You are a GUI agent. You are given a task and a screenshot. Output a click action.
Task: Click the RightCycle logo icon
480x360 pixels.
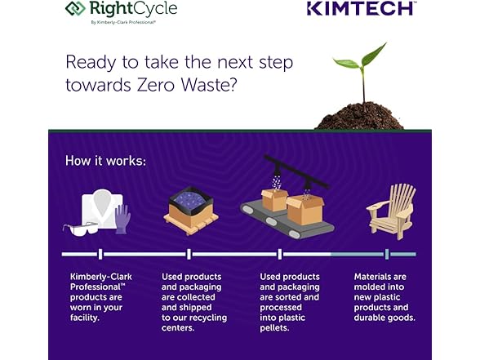pos(75,8)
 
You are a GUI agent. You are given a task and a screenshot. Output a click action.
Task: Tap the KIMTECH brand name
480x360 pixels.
pos(361,8)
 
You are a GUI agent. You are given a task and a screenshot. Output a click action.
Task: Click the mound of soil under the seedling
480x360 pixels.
pos(360,116)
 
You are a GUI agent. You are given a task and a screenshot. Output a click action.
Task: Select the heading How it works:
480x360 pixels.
pos(105,161)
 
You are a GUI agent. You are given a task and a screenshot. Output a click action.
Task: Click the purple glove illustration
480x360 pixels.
pos(122,219)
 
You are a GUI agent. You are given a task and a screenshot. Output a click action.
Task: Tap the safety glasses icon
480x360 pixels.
pos(80,229)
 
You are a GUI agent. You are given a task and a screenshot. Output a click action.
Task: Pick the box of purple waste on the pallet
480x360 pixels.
pos(191,211)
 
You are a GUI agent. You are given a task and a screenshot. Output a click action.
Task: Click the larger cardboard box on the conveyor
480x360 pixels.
pos(305,210)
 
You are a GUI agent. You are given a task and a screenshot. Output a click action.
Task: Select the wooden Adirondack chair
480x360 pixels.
pos(391,211)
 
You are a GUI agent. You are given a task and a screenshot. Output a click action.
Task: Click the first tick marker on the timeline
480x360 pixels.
pos(100,254)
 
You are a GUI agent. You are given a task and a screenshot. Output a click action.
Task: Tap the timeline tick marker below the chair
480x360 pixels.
pos(387,254)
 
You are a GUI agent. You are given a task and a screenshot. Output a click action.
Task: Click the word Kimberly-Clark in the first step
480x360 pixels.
pos(101,277)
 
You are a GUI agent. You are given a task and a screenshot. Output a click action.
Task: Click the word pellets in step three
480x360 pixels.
pos(274,328)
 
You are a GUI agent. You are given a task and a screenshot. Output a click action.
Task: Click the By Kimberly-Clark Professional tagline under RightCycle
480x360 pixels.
pos(123,22)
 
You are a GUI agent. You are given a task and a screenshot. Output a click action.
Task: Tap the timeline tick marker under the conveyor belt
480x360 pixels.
pos(280,254)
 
